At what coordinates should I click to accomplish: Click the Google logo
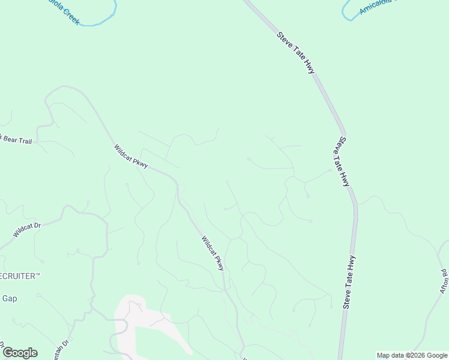click(x=20, y=353)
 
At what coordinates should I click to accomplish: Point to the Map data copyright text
click(x=412, y=355)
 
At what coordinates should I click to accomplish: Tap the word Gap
click(x=10, y=298)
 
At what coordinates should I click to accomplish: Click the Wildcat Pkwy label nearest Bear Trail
click(x=131, y=156)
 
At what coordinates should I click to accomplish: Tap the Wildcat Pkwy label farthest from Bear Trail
click(x=212, y=253)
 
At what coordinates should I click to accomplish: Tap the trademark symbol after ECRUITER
click(x=37, y=274)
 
